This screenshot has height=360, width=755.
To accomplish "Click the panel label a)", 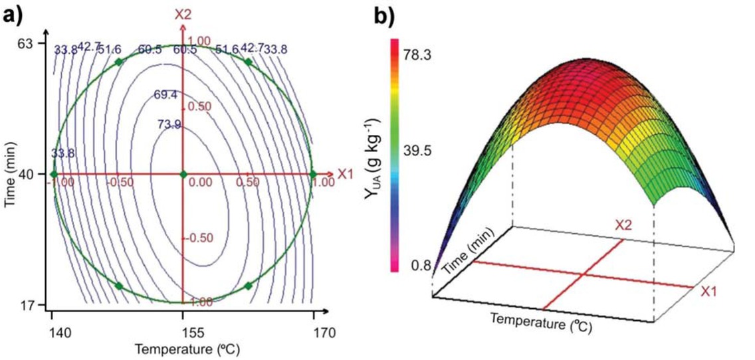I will coord(15,13).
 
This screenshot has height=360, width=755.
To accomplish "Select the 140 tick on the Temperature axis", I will coord(53,332).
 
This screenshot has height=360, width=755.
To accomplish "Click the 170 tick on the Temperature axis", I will coord(313,332).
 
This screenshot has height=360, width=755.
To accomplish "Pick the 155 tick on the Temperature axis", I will coord(183,332).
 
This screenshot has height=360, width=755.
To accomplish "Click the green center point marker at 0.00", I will coord(183,174).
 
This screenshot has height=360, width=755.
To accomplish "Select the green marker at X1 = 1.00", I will coord(313,174).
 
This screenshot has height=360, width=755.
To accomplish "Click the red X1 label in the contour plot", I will coord(345,174).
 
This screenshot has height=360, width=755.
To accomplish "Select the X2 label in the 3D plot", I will coord(623,226).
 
